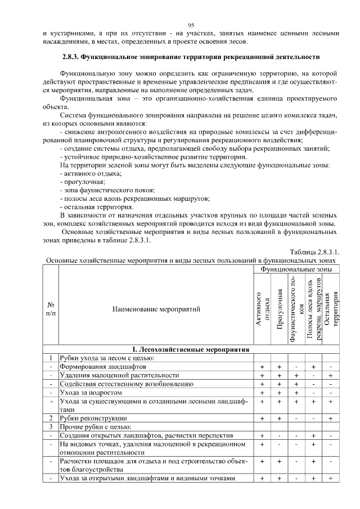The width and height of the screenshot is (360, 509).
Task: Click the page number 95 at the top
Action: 191,25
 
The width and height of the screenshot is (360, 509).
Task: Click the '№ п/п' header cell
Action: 51,309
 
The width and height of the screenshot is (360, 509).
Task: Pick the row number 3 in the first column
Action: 51,427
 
